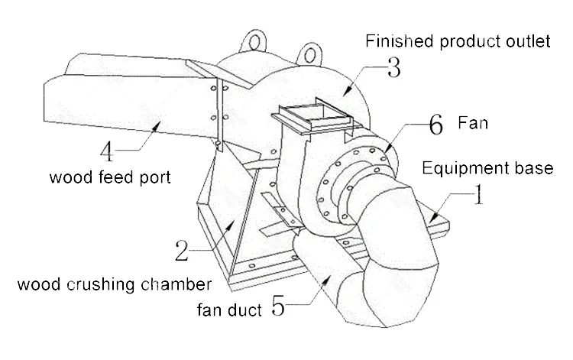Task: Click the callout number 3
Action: click(x=394, y=67)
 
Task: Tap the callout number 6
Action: click(x=435, y=125)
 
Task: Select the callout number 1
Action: click(x=478, y=194)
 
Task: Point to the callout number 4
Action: click(x=107, y=151)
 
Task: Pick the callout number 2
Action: click(x=182, y=251)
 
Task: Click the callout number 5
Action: click(x=278, y=306)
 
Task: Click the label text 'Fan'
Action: click(x=473, y=123)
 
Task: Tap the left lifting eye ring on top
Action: click(x=254, y=41)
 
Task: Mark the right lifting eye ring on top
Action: click(x=310, y=55)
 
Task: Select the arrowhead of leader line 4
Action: click(x=157, y=126)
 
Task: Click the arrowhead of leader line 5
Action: click(x=326, y=281)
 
